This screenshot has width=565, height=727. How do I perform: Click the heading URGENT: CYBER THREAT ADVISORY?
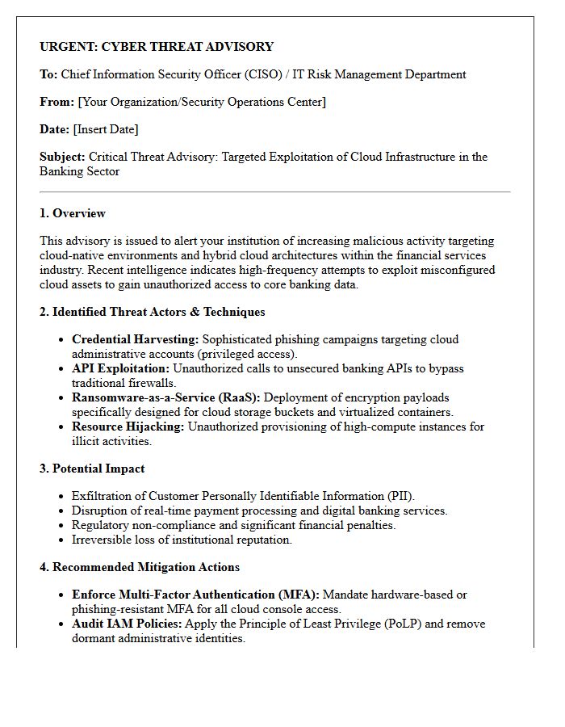[x=157, y=47]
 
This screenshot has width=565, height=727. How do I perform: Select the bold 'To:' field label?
[x=48, y=74]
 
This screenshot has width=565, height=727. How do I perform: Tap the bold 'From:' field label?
[x=56, y=102]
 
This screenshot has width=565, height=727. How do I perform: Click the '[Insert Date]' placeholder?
[x=106, y=129]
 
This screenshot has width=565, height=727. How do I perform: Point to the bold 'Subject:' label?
[x=62, y=157]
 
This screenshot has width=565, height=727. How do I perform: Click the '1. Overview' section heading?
[x=73, y=213]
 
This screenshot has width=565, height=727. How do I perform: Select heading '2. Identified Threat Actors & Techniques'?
[x=152, y=312]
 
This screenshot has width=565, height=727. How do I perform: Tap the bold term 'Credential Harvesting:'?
[x=135, y=340]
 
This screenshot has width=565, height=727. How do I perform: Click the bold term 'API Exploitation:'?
[x=120, y=369]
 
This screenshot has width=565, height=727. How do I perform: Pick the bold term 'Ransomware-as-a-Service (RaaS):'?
[x=165, y=398]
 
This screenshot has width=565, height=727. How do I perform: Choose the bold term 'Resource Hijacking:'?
[x=128, y=427]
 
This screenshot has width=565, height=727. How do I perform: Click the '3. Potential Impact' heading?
[x=92, y=469]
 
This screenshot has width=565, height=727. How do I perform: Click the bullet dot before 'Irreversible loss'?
[x=61, y=540]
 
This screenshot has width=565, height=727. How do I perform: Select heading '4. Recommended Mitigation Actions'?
[x=139, y=567]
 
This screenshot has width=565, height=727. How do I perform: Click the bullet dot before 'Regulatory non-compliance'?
[x=61, y=526]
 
